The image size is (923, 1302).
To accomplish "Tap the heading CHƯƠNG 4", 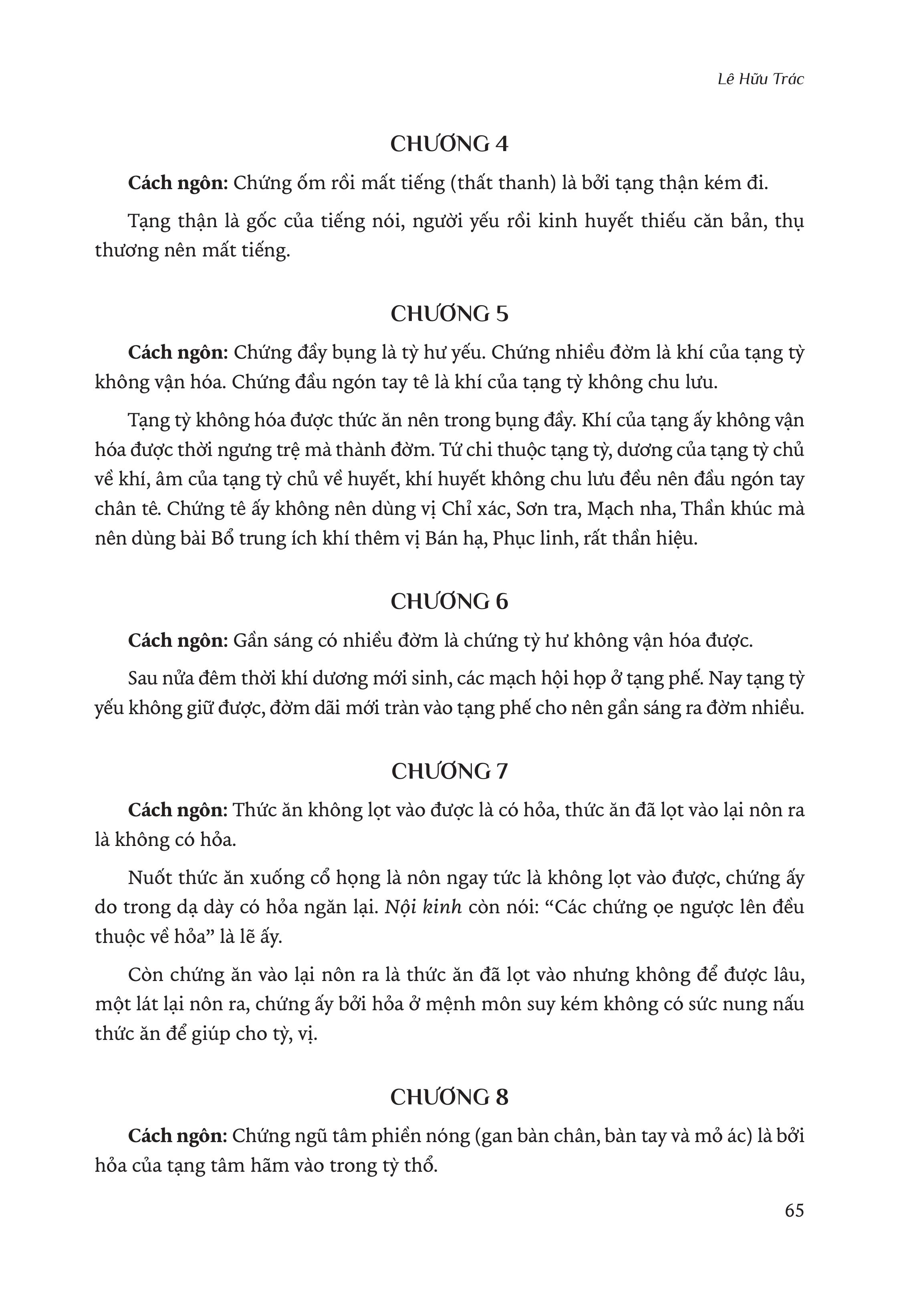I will click(x=449, y=144).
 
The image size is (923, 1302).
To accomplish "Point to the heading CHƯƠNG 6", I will click(x=449, y=602).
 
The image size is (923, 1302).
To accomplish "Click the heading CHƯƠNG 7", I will click(x=449, y=771).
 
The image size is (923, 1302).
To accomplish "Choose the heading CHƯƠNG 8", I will click(x=449, y=1097).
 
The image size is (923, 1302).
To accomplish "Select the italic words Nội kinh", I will click(x=423, y=907).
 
